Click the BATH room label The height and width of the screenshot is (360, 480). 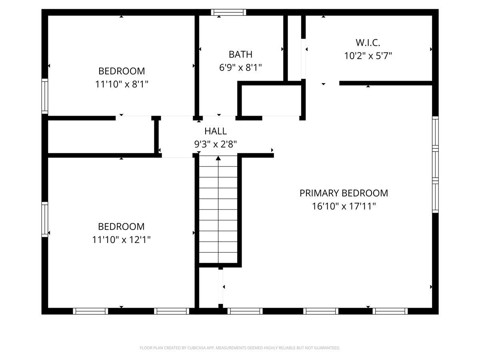[240, 54]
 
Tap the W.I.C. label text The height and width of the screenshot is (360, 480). [368, 42]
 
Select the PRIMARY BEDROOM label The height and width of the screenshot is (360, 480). [344, 193]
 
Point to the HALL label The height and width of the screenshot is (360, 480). [216, 131]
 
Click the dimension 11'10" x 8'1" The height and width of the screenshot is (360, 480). [122, 84]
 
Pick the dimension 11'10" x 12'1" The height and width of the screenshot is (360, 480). [122, 240]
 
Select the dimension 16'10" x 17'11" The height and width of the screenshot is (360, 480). [344, 206]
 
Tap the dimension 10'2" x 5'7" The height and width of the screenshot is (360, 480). [368, 56]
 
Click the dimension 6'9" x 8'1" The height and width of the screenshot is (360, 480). [240, 68]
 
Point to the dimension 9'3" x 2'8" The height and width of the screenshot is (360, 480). [216, 144]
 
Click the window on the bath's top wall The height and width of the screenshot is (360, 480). [228, 12]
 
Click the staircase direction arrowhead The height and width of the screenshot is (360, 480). [218, 159]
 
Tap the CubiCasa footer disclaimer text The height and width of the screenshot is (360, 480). [240, 348]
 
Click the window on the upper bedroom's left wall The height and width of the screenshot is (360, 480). [45, 96]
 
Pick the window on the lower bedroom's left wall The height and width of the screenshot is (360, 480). [45, 220]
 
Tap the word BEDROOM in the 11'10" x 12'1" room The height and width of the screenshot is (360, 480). [122, 227]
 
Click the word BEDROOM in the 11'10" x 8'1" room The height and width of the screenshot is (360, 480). [122, 71]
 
